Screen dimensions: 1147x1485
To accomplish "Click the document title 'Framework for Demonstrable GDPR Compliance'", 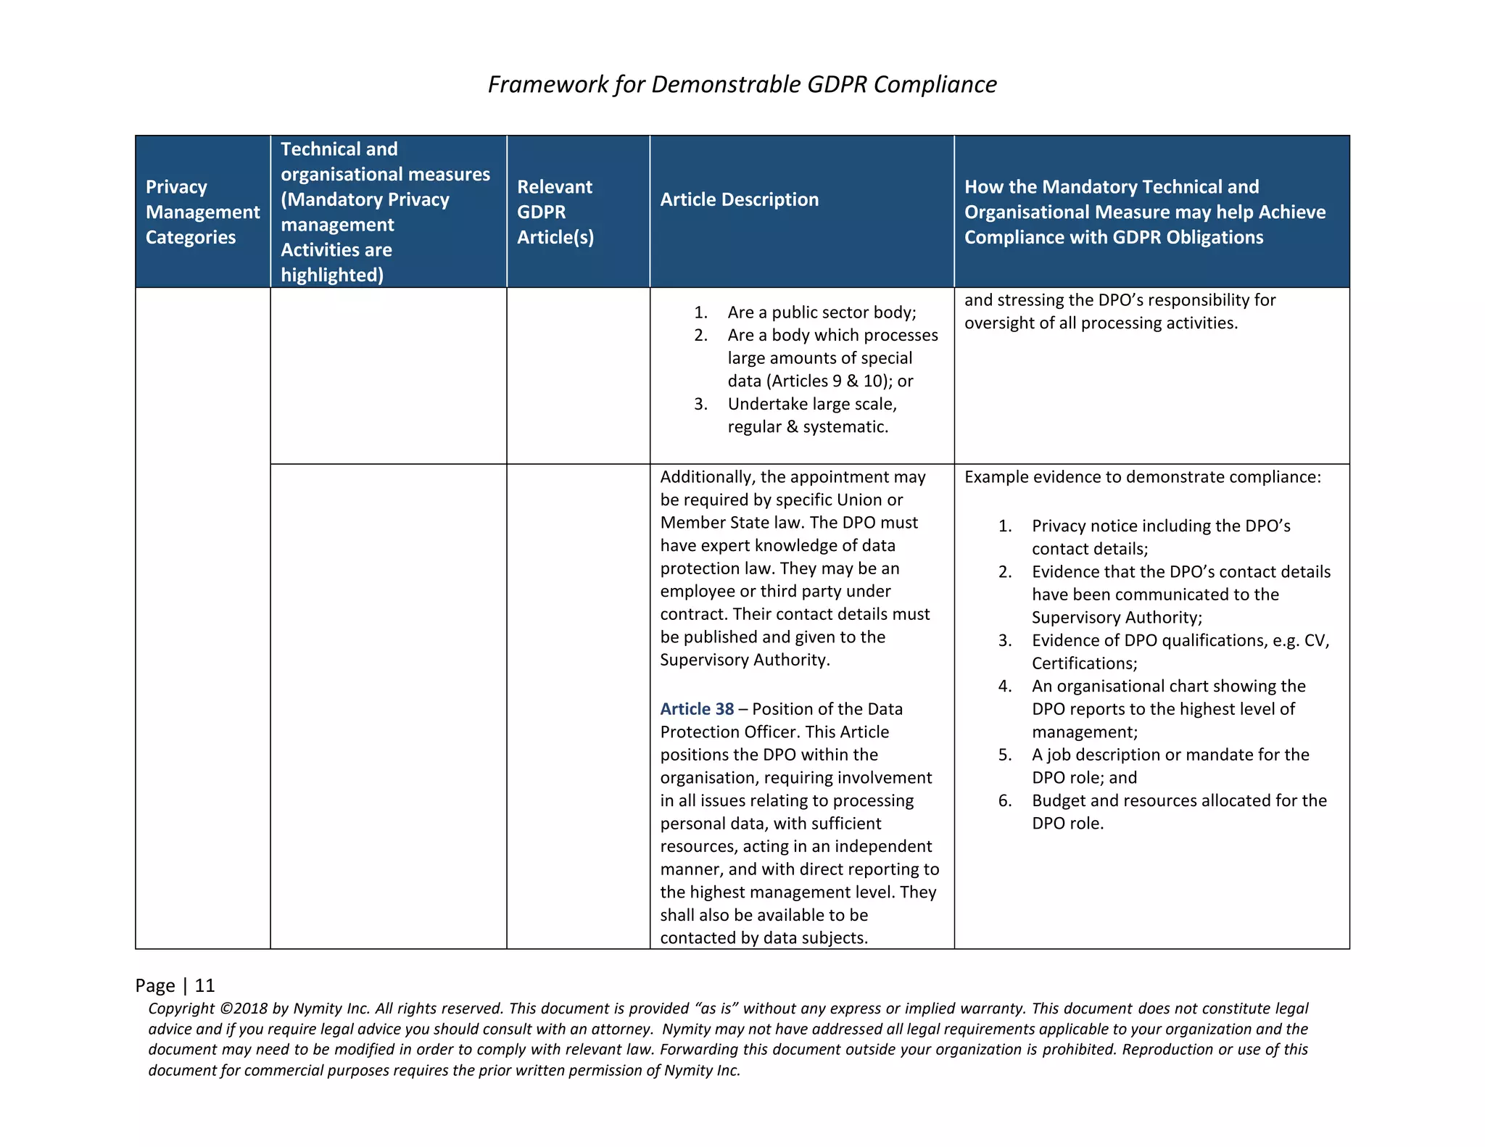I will pos(742,84).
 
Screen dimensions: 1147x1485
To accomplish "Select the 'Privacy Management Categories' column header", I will pos(202,212).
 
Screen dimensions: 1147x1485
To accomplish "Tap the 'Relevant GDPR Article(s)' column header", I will pos(555,212).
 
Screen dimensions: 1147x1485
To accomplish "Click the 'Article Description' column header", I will pos(739,199).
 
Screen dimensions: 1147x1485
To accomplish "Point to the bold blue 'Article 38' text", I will pos(696,709).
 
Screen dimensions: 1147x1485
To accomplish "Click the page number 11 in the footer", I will pos(205,985).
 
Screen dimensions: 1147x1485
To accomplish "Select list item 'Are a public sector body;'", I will pos(822,312).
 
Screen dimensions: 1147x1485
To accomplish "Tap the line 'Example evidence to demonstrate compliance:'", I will pos(1142,477).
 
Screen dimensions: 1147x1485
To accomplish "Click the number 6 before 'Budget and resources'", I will pos(1004,800).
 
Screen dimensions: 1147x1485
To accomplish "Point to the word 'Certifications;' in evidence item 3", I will pos(1084,663).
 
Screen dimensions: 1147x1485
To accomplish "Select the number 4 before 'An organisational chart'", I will pos(1004,686).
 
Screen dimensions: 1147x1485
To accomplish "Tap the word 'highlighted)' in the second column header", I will pos(332,275).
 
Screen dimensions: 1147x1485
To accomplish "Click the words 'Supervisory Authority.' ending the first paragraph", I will pos(745,660).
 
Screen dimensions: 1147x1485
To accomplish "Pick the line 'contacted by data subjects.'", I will pos(764,938).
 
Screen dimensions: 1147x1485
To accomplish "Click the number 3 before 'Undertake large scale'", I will pos(700,404).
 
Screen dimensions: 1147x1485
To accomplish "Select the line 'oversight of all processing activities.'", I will pos(1101,323).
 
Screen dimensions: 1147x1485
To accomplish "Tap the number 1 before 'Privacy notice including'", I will pos(1004,526).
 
